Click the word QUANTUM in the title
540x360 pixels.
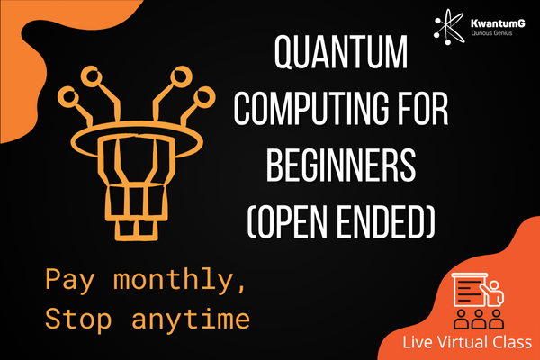point(341,52)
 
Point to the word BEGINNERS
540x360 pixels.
point(341,165)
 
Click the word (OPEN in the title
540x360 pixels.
point(288,221)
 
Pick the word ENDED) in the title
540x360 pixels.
point(386,221)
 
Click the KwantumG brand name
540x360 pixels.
point(498,23)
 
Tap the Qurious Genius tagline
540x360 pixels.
point(491,33)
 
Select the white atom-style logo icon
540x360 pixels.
point(449,26)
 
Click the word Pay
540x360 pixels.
point(69,280)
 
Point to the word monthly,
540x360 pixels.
point(179,279)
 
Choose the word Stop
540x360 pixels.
point(78,318)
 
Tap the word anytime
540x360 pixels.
point(191,319)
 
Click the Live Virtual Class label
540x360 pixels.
point(467,342)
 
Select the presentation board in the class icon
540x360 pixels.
point(470,290)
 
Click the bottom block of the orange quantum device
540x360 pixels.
point(137,230)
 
